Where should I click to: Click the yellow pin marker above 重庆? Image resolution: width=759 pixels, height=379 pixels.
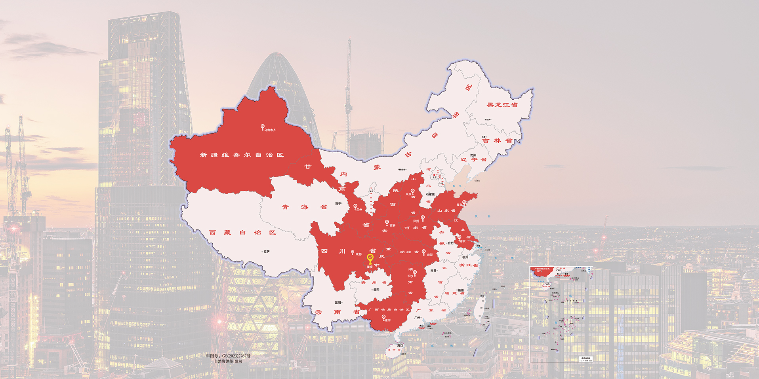point(370,258)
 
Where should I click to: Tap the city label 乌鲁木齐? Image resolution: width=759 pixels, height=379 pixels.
point(270,130)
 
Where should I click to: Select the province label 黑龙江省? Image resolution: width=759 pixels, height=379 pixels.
point(502,105)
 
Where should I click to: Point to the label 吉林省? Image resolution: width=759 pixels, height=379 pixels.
point(497,140)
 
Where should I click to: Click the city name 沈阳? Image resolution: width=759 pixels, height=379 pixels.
point(473,155)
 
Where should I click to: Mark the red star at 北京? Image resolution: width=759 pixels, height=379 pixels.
point(434,175)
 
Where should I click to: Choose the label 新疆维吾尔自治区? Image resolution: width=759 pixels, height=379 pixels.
point(242,155)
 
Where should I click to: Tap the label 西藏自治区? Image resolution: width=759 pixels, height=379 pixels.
point(242,233)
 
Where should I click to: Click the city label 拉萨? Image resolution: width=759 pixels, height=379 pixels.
point(267,251)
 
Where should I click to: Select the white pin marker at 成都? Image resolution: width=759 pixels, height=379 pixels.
point(352,252)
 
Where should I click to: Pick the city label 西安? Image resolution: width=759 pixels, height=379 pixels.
point(392,226)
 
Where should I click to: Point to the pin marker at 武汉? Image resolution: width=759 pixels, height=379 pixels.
point(423,252)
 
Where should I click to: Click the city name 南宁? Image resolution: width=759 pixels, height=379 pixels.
point(387,320)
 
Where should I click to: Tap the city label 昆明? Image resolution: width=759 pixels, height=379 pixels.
point(338,303)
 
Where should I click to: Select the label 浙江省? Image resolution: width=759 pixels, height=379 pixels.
point(468,265)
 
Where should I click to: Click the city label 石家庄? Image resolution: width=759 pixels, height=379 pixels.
point(430,194)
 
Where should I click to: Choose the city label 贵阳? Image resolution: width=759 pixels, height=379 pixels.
point(376,290)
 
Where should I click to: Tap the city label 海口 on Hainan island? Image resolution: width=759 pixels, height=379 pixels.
point(400,345)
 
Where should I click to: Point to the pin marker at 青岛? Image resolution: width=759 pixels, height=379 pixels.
point(464,203)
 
